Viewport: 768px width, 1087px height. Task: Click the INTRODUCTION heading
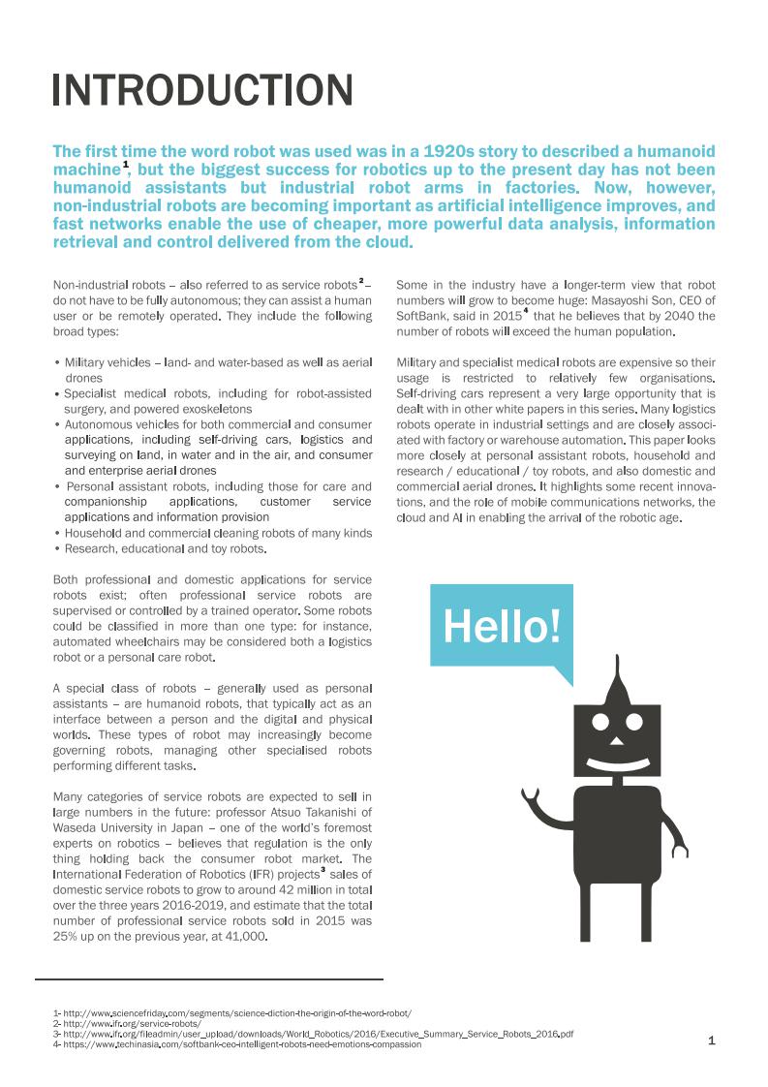[x=202, y=90]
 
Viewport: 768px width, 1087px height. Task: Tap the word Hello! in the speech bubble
[x=502, y=627]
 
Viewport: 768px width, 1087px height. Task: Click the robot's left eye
[x=601, y=721]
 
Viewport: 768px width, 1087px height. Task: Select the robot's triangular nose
[x=616, y=740]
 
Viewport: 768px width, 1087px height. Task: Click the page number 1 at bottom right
[x=712, y=1040]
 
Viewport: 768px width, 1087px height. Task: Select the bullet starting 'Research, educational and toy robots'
[x=165, y=548]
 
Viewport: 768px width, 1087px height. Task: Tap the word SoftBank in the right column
[x=422, y=316]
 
